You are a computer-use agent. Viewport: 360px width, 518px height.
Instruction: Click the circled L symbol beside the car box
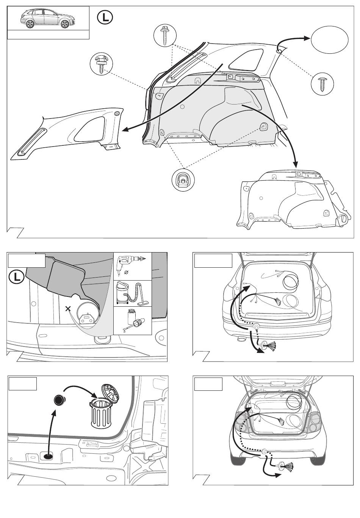(x=105, y=18)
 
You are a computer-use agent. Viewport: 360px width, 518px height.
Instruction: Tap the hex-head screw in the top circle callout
(x=165, y=35)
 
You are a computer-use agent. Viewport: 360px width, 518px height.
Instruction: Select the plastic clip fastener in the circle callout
(x=101, y=64)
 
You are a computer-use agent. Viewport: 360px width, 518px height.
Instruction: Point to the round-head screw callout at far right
(x=322, y=84)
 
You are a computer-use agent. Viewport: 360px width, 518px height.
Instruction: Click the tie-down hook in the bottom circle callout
(x=183, y=179)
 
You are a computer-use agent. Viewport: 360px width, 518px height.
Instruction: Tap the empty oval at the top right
(x=329, y=39)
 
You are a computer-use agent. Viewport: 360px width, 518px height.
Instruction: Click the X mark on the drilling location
(x=68, y=309)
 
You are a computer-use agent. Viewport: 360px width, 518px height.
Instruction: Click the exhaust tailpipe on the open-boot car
(x=241, y=339)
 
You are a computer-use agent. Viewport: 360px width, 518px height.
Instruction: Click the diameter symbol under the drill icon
(x=126, y=273)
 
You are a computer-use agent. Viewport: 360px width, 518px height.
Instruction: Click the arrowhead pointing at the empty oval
(x=307, y=38)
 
